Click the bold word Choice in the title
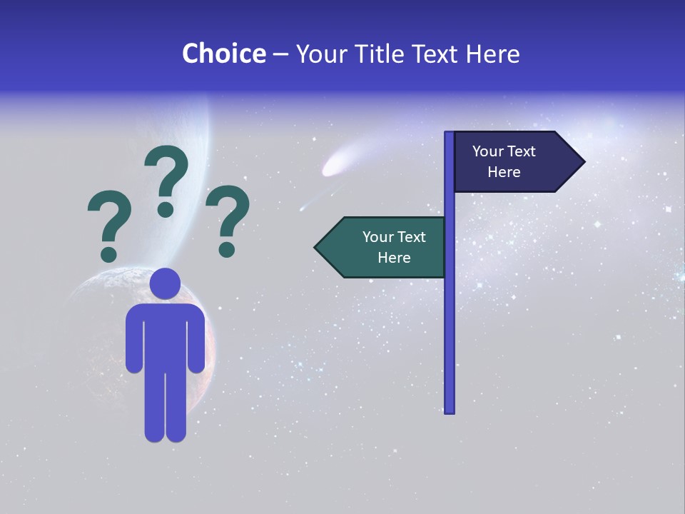[223, 54]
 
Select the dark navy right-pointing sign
[510, 162]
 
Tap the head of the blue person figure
[165, 283]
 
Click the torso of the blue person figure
[165, 336]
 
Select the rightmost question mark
[228, 218]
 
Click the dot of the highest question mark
[166, 209]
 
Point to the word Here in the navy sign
[504, 172]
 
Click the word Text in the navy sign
[522, 151]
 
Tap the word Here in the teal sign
[394, 258]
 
